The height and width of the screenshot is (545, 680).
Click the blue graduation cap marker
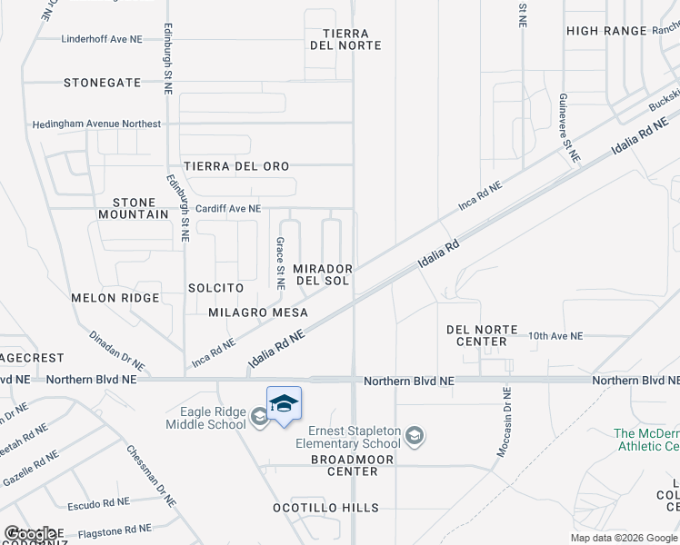[284, 403]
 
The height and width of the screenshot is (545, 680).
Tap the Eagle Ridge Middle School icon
[259, 417]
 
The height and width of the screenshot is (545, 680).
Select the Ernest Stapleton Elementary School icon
[415, 437]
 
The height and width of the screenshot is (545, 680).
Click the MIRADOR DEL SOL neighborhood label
[322, 275]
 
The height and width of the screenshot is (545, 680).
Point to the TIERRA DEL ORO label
[236, 166]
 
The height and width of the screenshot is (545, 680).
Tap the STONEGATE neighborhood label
[103, 83]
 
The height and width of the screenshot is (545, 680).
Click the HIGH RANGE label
[606, 31]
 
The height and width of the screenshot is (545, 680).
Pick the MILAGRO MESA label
[258, 312]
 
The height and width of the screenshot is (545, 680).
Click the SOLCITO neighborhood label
[215, 288]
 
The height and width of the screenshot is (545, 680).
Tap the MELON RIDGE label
[115, 298]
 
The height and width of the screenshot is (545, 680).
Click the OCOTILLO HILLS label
[326, 508]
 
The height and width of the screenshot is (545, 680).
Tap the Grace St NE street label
[281, 263]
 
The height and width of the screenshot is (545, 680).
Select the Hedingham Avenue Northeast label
[96, 124]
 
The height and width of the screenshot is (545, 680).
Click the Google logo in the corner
[32, 534]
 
